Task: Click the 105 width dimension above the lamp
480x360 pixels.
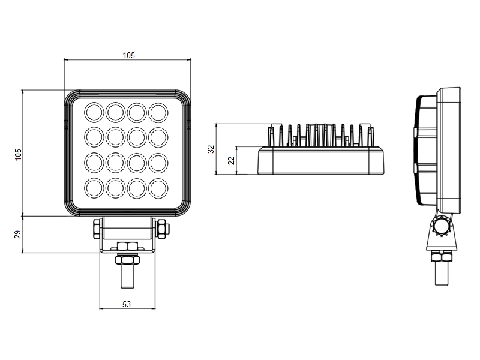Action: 128,55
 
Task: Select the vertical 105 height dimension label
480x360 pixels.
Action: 19,155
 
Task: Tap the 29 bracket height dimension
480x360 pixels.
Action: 19,235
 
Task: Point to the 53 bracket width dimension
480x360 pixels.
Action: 127,304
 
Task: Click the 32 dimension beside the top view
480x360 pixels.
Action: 211,149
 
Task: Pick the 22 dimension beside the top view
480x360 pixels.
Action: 232,160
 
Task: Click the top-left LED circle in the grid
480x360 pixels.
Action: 94,112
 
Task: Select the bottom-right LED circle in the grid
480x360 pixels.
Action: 158,188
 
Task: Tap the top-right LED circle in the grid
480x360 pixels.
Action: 158,112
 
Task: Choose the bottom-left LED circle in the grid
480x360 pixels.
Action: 94,188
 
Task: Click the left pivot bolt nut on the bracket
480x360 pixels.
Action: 97,229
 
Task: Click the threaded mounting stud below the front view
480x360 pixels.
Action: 127,276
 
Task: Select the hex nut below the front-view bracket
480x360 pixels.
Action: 127,260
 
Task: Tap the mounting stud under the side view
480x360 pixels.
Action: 442,274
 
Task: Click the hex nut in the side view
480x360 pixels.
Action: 442,257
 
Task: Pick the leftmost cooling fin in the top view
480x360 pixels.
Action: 271,137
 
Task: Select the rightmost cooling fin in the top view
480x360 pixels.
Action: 371,137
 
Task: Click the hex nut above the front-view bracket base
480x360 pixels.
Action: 127,247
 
